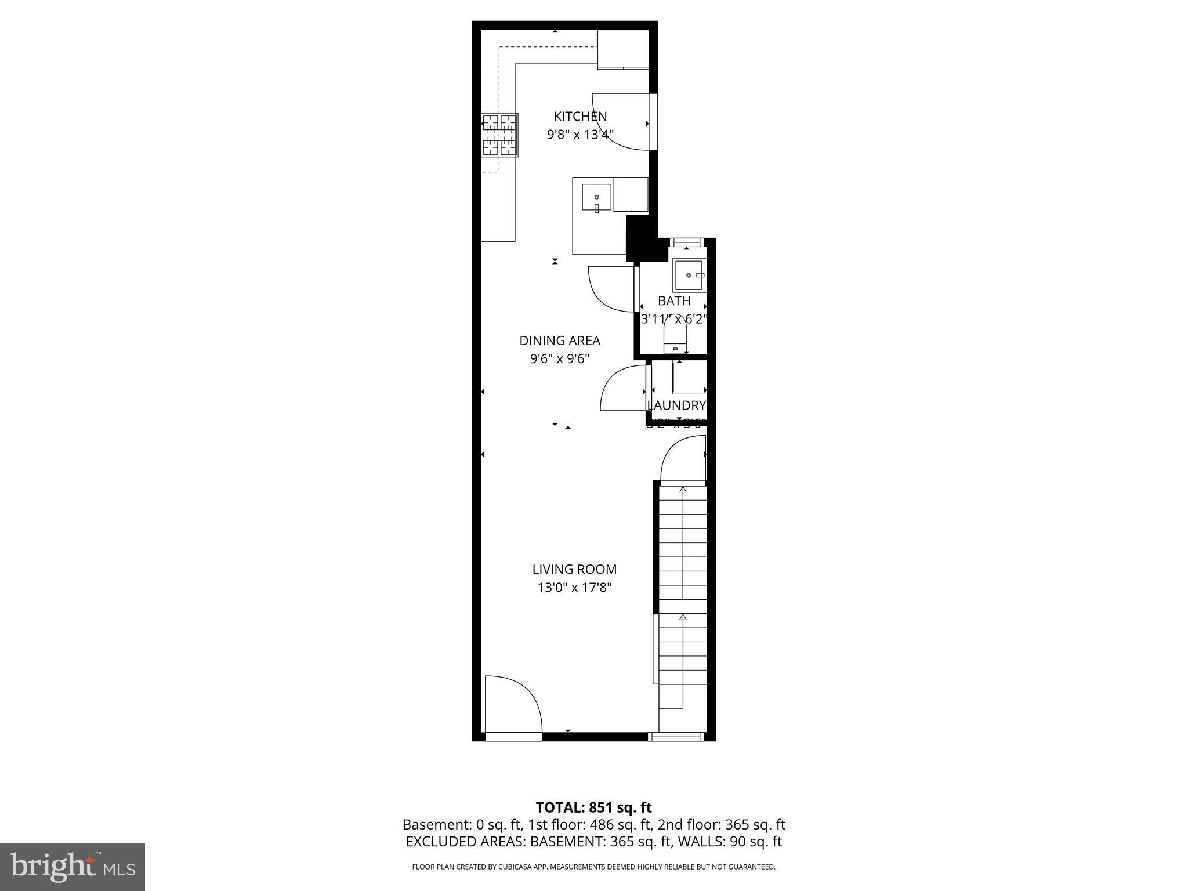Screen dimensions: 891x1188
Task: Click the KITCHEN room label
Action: coord(580,116)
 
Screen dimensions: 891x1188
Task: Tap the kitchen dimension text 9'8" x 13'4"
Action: coord(580,135)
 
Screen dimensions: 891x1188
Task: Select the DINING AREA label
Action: coord(559,341)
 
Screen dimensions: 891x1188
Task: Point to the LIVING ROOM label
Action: coord(574,569)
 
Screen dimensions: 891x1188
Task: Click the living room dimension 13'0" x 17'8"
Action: coord(574,588)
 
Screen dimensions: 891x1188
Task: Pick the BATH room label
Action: coord(674,301)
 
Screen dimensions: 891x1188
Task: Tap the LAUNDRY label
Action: coord(676,405)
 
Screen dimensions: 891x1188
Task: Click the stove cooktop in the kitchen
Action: coord(499,135)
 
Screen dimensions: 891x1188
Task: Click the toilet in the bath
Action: coord(675,337)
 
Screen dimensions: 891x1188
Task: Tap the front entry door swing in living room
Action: coord(510,705)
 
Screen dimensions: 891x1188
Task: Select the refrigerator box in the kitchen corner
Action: coord(623,49)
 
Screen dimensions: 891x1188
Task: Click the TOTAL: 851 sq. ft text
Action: coord(593,807)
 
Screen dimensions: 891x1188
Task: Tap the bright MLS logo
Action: coord(73,867)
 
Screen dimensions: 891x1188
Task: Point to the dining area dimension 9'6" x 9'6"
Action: coord(559,359)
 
